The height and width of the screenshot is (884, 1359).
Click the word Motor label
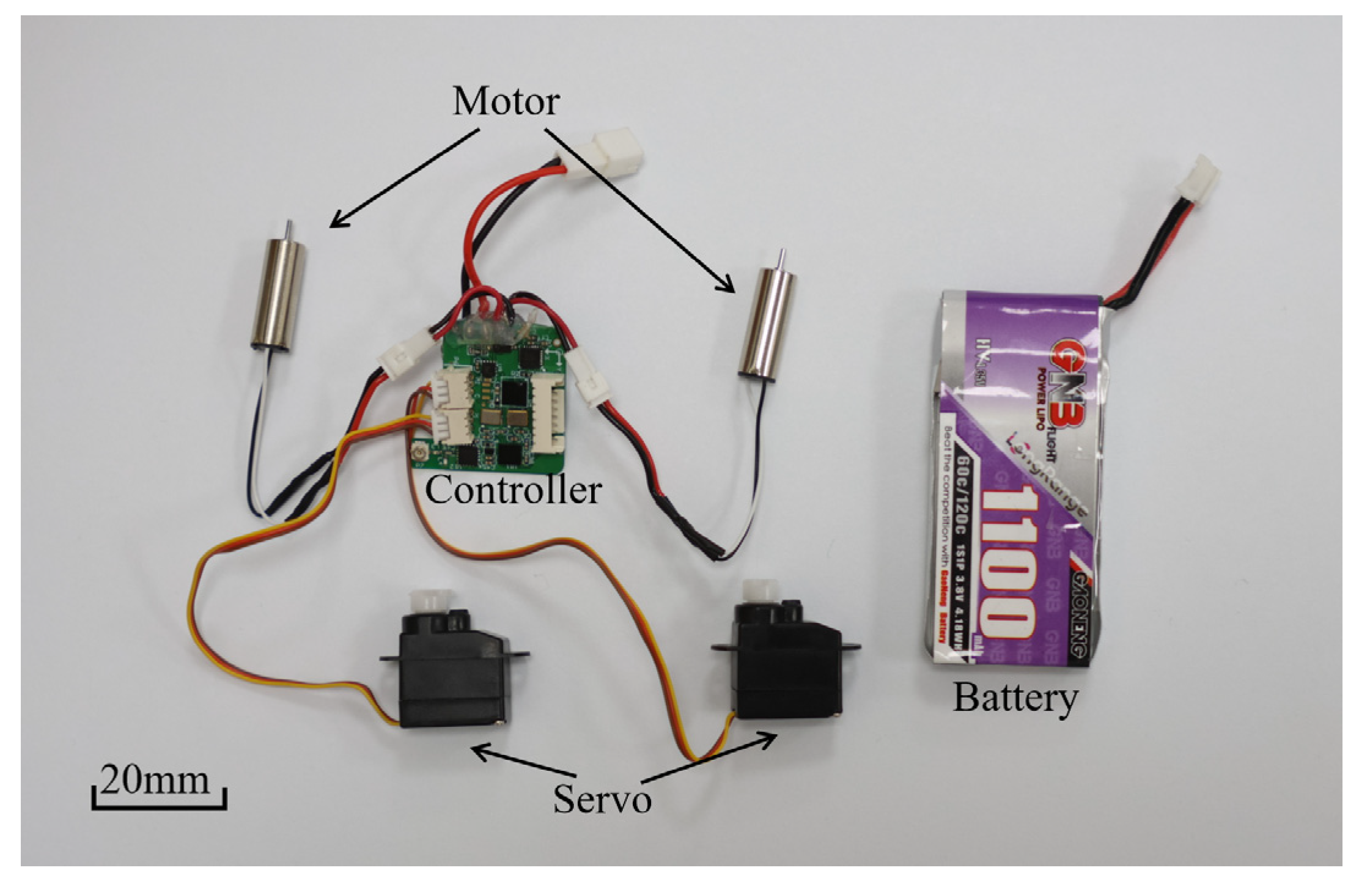coord(506,101)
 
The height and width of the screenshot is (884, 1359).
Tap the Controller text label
coord(513,491)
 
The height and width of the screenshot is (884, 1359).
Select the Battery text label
coord(1015,698)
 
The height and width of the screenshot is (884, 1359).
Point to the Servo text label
coord(602,798)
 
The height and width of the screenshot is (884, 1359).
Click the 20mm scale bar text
coord(155,781)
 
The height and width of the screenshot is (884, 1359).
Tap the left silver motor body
coord(279,294)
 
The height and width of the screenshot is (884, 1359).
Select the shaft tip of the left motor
coord(289,225)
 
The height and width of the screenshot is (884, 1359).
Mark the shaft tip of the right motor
coord(781,254)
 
